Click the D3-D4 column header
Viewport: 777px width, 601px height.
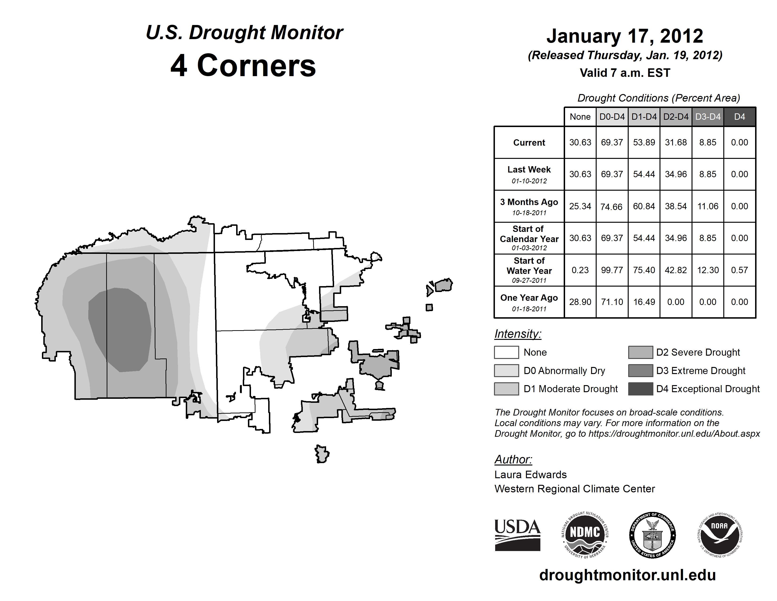(708, 117)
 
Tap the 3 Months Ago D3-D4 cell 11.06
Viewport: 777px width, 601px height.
(708, 206)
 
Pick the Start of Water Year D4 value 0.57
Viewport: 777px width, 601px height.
(739, 270)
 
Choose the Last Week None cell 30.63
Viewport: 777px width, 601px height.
(580, 174)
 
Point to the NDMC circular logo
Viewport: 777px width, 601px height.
(585, 535)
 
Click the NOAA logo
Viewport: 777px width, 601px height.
(719, 535)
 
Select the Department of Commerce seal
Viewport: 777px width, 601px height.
(652, 535)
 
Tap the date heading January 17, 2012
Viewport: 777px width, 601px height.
(625, 36)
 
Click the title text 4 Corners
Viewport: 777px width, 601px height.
(243, 66)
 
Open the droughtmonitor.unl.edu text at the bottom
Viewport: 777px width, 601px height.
(627, 575)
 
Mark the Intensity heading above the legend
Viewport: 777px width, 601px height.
(518, 334)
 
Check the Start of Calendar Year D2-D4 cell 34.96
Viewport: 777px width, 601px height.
(676, 238)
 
